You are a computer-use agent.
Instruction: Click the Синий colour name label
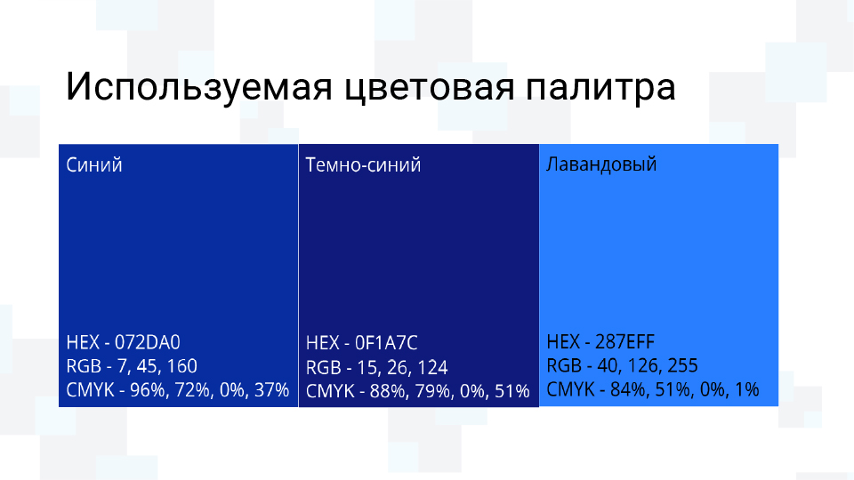coord(94,165)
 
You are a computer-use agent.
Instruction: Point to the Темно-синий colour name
coord(363,165)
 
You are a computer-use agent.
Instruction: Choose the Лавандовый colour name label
coord(601,164)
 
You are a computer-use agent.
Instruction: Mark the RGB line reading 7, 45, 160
coord(132,366)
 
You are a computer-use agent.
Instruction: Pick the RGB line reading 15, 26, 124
coord(376,367)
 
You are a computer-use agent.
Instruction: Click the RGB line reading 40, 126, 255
coord(622,366)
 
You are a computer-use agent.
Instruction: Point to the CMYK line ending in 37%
coord(178,389)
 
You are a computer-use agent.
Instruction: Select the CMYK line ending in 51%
coord(417,390)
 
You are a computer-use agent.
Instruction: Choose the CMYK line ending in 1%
coord(652,389)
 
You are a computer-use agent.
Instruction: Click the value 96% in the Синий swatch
coord(148,389)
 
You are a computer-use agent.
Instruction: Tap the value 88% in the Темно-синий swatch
coord(387,390)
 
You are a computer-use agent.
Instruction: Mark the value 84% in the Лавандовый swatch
coord(626,389)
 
